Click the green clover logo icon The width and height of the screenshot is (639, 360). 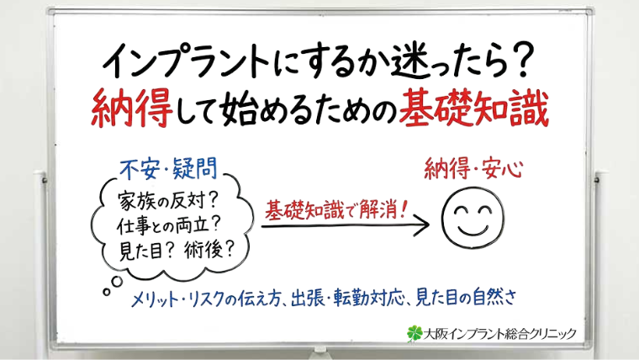[x=412, y=334]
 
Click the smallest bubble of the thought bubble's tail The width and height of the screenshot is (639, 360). [x=106, y=292]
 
